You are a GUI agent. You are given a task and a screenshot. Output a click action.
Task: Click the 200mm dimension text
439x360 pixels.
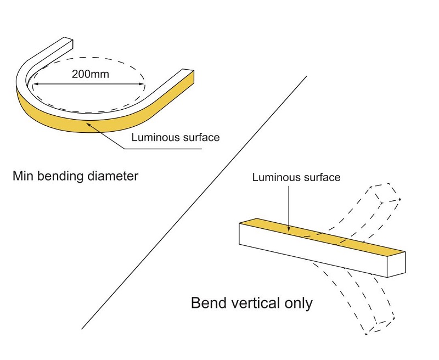(90, 74)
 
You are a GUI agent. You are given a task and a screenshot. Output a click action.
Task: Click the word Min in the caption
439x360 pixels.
(24, 177)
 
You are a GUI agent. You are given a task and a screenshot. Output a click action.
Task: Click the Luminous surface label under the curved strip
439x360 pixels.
(175, 137)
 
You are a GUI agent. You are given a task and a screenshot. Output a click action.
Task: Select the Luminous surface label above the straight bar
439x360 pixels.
(296, 177)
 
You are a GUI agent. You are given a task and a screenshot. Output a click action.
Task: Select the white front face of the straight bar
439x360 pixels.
(313, 250)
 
